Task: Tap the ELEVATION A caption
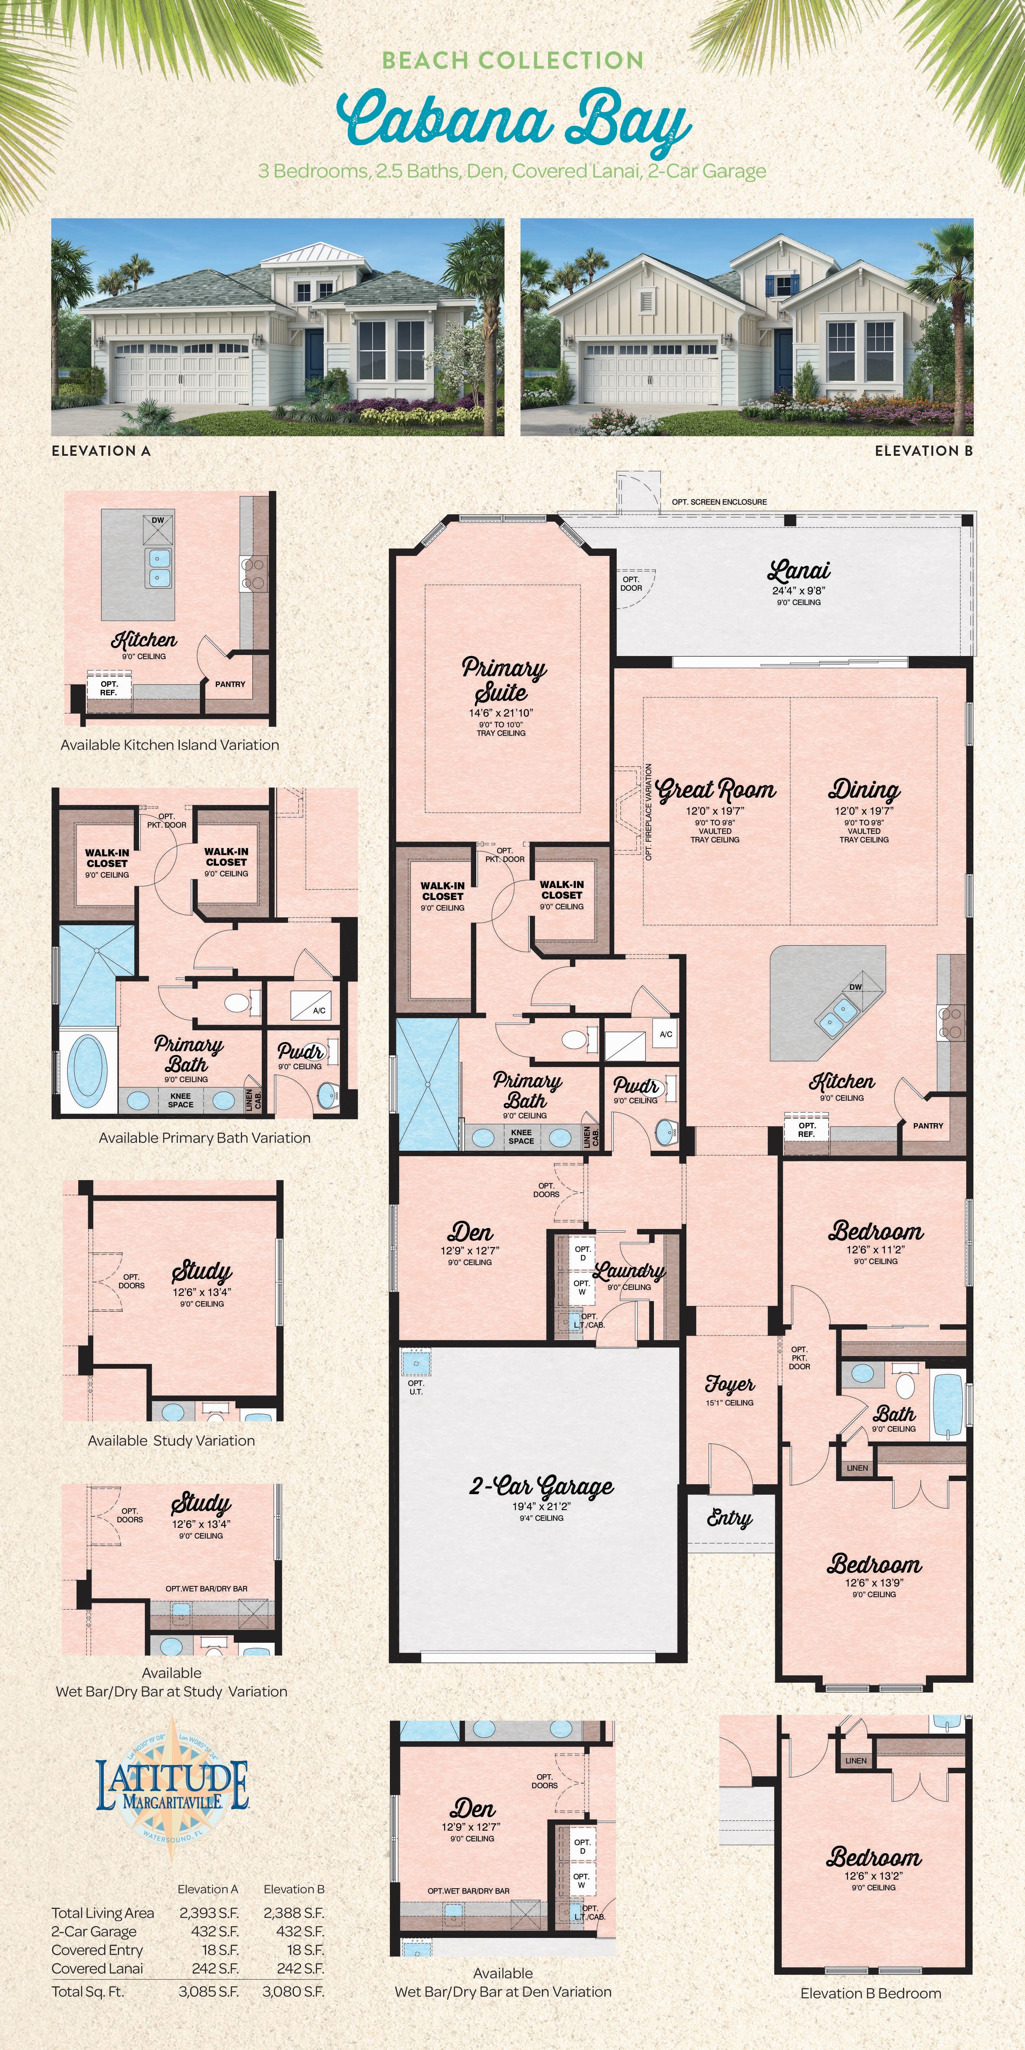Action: click(101, 450)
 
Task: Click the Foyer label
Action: click(729, 1385)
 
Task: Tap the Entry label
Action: click(729, 1518)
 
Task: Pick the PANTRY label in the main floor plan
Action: click(928, 1125)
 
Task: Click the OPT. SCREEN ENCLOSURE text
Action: click(719, 502)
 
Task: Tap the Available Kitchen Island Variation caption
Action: click(169, 745)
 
